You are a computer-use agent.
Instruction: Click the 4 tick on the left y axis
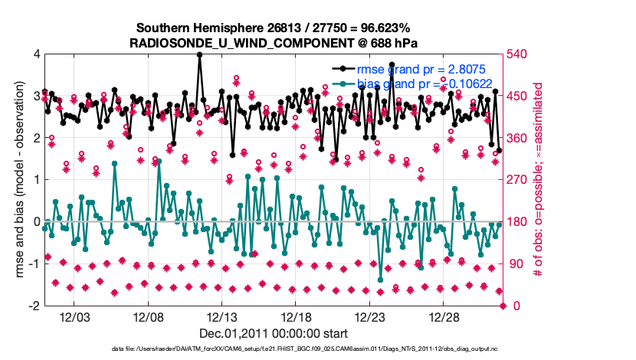click(36, 54)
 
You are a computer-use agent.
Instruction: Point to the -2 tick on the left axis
click(34, 306)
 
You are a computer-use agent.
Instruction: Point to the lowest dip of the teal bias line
click(381, 280)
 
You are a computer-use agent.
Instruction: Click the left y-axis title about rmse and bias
click(18, 180)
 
